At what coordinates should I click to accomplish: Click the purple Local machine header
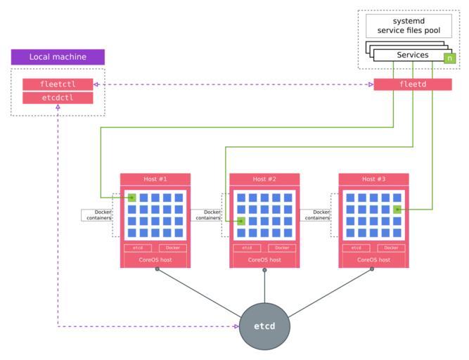[x=58, y=57]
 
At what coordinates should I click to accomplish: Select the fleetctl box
[x=58, y=84]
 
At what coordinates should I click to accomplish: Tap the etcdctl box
[x=58, y=98]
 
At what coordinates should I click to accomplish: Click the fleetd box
[x=412, y=84]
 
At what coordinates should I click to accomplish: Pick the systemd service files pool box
[x=408, y=26]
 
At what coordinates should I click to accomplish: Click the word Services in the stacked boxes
[x=412, y=56]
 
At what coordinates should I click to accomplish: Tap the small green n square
[x=449, y=58]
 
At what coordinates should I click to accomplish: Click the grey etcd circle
[x=264, y=326]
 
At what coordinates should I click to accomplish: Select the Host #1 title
[x=155, y=179]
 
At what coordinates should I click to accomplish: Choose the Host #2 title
[x=264, y=179]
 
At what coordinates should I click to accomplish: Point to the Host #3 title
[x=373, y=179]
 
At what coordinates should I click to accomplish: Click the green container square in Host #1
[x=131, y=198]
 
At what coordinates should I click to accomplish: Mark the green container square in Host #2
[x=241, y=221]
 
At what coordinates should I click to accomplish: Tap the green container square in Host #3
[x=397, y=210]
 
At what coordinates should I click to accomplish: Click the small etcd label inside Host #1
[x=138, y=248]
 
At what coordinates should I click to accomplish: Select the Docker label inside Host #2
[x=282, y=248]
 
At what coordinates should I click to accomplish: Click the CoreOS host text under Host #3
[x=373, y=260]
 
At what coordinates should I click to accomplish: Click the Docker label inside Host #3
[x=391, y=248]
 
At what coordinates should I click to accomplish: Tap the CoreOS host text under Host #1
[x=155, y=260]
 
